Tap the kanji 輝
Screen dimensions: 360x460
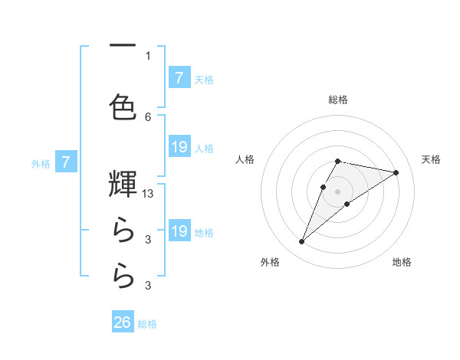[x=123, y=184]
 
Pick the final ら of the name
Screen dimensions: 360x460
[x=123, y=277]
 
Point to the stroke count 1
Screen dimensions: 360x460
[x=148, y=55]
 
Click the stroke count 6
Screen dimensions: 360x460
[x=148, y=116]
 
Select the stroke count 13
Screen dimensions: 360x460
[x=149, y=194]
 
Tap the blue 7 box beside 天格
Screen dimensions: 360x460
[x=179, y=77]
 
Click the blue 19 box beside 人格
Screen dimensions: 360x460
[x=179, y=147]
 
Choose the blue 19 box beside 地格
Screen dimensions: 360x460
[x=179, y=231]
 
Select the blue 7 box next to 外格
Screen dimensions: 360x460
[x=67, y=162]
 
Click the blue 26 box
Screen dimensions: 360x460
[x=123, y=322]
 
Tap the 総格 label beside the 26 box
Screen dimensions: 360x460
[x=148, y=324]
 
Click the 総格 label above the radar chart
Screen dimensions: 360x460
[x=338, y=100]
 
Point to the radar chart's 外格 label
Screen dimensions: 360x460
[x=270, y=262]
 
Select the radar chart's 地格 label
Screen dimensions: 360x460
[x=402, y=262]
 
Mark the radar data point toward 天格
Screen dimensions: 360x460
[x=396, y=172]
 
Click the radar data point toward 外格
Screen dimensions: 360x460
[x=301, y=242]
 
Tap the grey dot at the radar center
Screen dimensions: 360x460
[x=338, y=191]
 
